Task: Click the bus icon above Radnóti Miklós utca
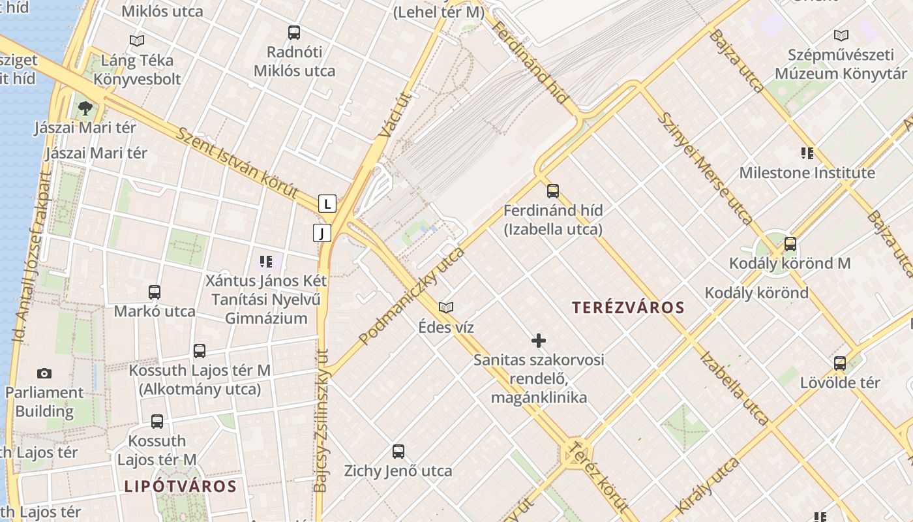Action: click(294, 32)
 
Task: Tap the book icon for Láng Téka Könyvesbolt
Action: click(137, 41)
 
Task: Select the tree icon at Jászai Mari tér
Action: click(85, 108)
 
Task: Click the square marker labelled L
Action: click(327, 204)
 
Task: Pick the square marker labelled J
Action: click(322, 233)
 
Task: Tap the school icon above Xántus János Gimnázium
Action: click(265, 262)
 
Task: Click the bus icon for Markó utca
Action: click(155, 292)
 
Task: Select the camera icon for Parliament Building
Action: click(44, 373)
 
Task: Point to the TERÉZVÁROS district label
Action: click(628, 308)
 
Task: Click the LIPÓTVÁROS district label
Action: click(180, 486)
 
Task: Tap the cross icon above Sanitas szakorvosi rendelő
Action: click(539, 341)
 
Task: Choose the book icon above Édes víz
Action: click(446, 307)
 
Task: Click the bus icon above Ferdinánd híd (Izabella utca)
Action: click(553, 191)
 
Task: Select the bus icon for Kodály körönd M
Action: click(790, 245)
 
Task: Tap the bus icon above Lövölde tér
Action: click(840, 363)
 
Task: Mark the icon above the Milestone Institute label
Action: click(807, 154)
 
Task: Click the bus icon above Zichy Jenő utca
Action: click(398, 452)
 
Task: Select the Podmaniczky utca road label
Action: click(412, 296)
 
